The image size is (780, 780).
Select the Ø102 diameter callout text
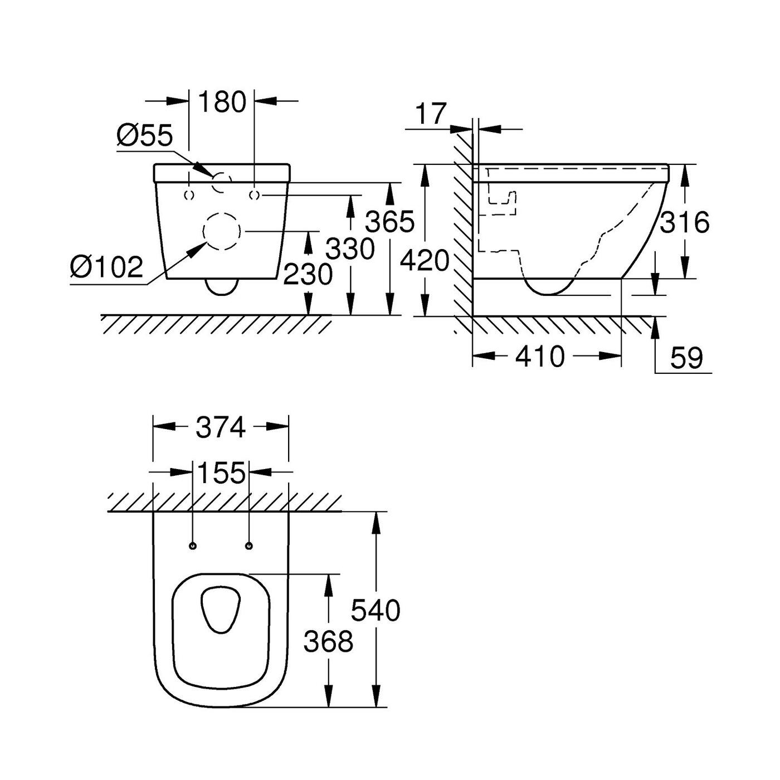pos(106,267)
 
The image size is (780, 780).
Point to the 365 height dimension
pos(390,221)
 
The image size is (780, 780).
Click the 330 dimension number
pos(350,248)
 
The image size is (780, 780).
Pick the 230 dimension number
pos(308,274)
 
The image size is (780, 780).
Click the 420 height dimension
pos(425,260)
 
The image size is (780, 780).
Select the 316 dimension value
pos(685,222)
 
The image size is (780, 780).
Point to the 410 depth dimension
pos(540,357)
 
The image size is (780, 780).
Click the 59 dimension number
pos(687,358)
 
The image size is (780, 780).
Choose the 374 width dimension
pos(221,427)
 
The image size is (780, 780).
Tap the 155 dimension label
pos(221,472)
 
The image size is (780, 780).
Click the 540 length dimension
pos(376,611)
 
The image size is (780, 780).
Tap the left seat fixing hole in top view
pos(193,546)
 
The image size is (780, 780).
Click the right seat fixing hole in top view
pos(249,546)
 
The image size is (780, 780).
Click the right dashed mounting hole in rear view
pos(254,195)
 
